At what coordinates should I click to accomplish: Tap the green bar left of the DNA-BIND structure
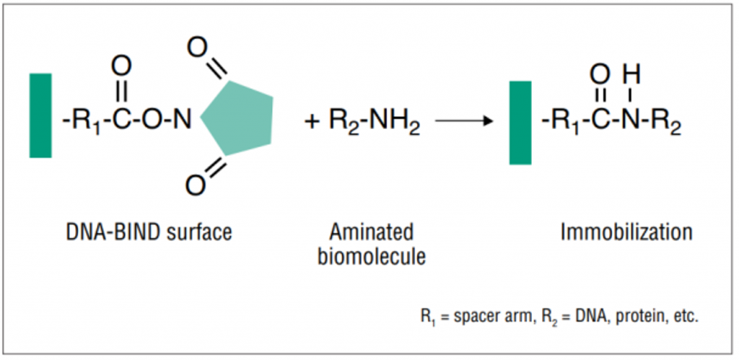40,115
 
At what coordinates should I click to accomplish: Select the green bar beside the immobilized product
520,122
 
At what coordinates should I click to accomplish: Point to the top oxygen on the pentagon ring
197,49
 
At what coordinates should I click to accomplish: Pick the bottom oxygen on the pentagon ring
195,185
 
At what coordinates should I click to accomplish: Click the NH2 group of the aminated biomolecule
393,121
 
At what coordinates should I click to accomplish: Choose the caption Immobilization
626,232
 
